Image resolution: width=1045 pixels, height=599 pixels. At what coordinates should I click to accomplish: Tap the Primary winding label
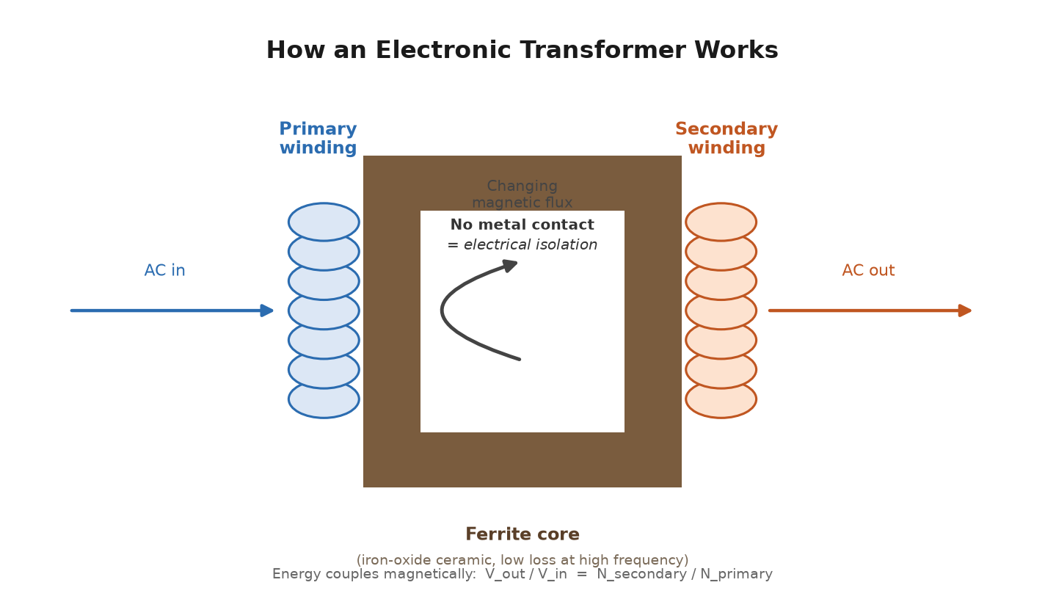click(x=318, y=138)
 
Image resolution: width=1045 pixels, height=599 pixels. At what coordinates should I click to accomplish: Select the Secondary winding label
click(x=727, y=138)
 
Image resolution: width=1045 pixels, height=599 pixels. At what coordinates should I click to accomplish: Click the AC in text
click(x=164, y=270)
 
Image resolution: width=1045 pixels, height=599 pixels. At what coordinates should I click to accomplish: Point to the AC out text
click(x=868, y=270)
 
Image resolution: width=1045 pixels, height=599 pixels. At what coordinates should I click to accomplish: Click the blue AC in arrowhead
click(x=267, y=311)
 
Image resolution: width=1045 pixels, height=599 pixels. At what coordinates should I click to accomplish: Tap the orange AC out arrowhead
click(x=965, y=311)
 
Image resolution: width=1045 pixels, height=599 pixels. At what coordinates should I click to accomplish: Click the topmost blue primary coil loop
click(x=324, y=222)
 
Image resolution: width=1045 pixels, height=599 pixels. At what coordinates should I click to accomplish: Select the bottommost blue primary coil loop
click(x=324, y=399)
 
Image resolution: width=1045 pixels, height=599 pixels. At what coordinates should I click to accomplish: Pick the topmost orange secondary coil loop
click(x=721, y=222)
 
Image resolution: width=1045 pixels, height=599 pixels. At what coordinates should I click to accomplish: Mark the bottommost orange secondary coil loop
click(x=721, y=399)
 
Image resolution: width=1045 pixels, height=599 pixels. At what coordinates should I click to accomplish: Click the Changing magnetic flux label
click(x=522, y=194)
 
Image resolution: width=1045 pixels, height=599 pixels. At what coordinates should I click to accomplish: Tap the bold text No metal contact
click(x=522, y=225)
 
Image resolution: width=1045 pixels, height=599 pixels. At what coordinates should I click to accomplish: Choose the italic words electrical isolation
click(x=531, y=244)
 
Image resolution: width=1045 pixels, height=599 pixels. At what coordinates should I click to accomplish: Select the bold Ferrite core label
click(x=522, y=534)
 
